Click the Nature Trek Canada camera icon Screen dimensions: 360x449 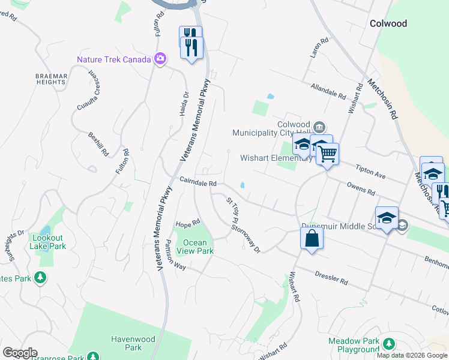click(160, 59)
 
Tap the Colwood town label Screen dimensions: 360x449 click(388, 23)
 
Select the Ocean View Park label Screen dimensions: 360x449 click(194, 247)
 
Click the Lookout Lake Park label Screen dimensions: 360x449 click(47, 241)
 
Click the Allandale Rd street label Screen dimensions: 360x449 click(328, 91)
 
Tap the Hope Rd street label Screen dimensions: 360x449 click(187, 224)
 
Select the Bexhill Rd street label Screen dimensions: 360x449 click(98, 144)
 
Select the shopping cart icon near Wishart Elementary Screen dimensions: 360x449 click(327, 154)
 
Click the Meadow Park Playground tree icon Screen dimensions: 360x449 click(389, 344)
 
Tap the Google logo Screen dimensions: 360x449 click(20, 353)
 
